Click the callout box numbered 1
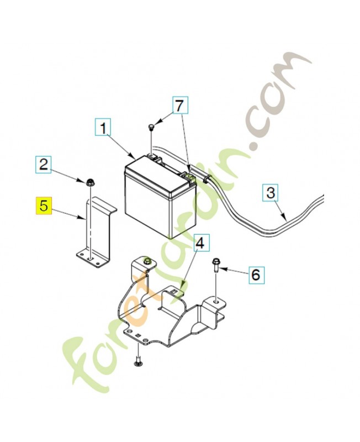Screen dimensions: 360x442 click(x=103, y=128)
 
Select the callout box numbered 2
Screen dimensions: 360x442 click(x=44, y=164)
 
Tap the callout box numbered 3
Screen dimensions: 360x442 click(x=271, y=193)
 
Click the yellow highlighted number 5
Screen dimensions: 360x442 click(x=44, y=206)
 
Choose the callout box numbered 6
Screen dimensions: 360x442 click(x=256, y=274)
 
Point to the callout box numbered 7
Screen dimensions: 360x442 click(x=179, y=106)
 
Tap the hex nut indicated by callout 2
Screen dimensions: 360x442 click(x=90, y=182)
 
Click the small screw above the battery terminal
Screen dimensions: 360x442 click(x=151, y=128)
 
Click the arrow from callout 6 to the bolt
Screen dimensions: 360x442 click(x=234, y=271)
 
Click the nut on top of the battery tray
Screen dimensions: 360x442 click(x=146, y=260)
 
